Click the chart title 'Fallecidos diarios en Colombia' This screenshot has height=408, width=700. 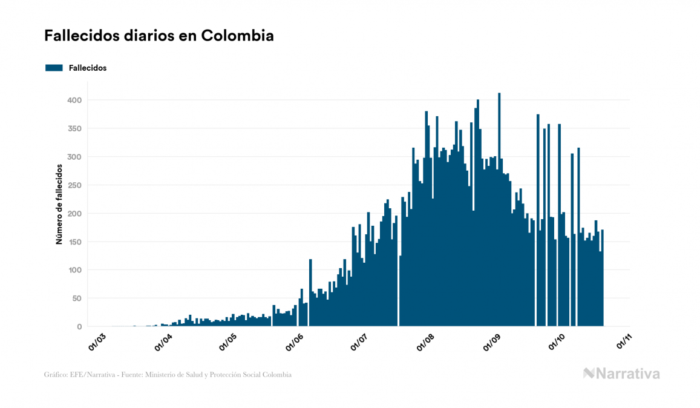159,36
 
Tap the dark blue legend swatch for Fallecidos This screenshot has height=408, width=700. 54,68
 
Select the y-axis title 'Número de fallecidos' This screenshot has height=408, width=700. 59,203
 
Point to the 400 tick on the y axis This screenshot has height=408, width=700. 75,100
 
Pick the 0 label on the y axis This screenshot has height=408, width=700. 79,327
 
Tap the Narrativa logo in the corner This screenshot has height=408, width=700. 621,373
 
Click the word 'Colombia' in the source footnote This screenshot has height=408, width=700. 277,375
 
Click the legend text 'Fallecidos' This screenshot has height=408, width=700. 88,68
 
